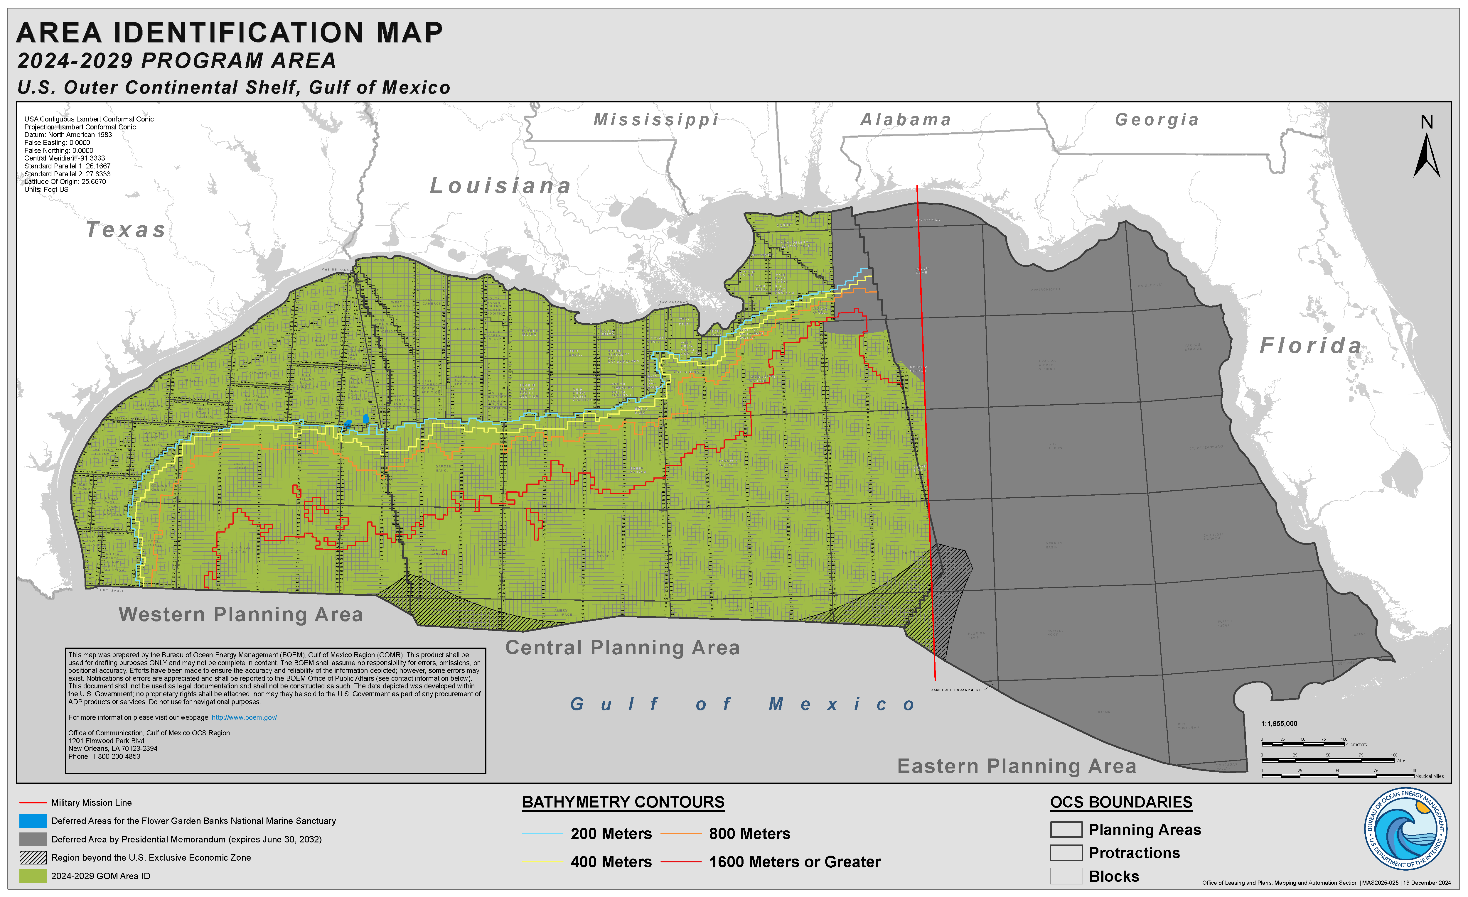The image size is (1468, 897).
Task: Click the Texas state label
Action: coord(126,230)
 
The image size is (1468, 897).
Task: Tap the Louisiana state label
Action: coord(500,186)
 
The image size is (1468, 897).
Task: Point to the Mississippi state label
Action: coord(656,120)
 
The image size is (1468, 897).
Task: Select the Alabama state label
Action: coord(906,120)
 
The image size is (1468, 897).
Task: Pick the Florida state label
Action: coord(1311,345)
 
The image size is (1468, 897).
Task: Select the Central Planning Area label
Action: coord(623,647)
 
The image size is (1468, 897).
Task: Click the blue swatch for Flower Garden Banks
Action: coord(33,821)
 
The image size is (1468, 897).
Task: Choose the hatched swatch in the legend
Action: coord(33,858)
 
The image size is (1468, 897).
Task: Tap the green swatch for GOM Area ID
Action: coord(33,876)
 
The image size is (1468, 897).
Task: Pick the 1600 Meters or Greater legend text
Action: coord(795,862)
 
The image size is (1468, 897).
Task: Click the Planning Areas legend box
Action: coord(1066,830)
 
